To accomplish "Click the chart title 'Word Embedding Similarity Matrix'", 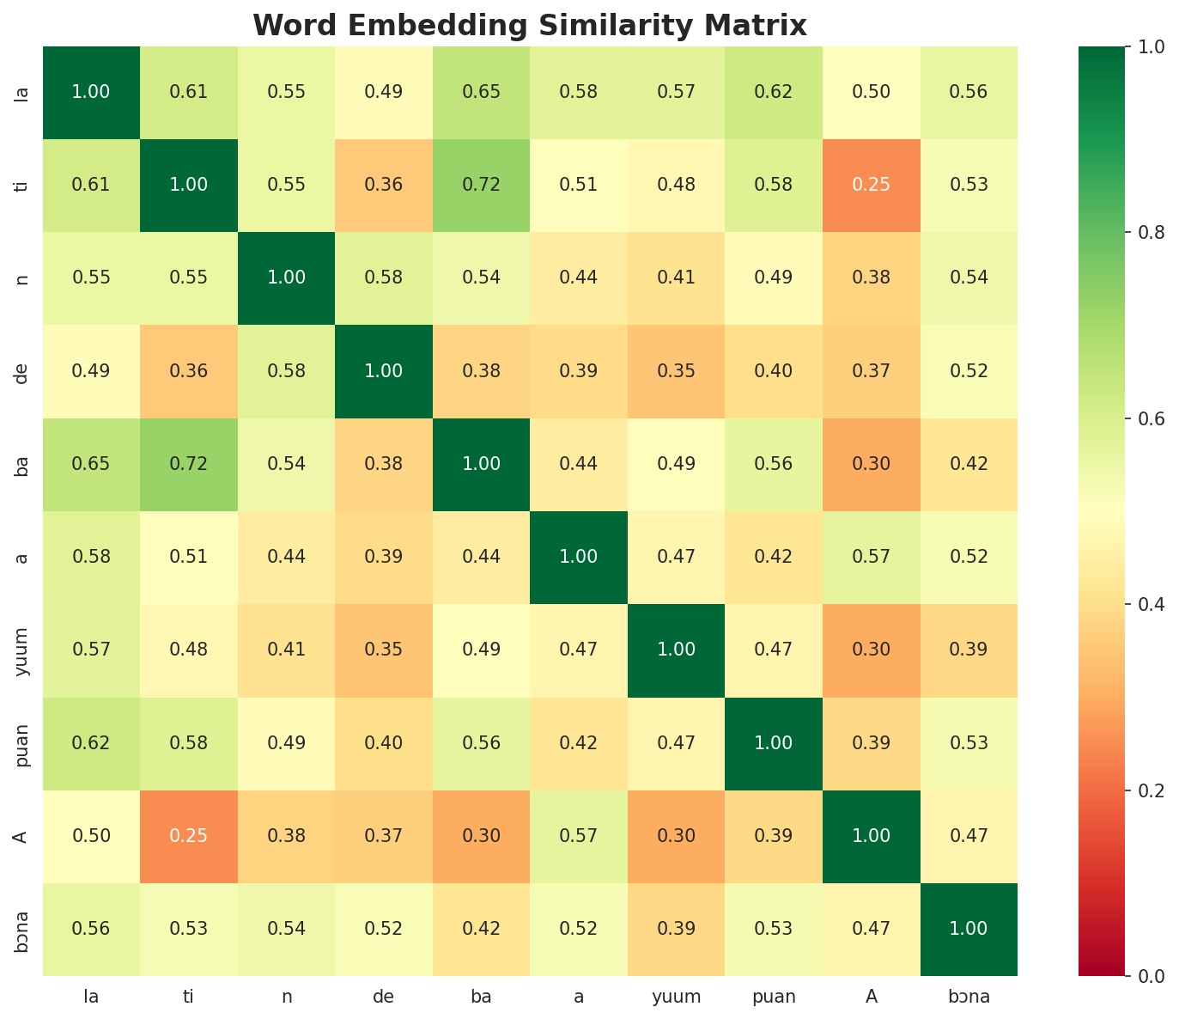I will pyautogui.click(x=530, y=26).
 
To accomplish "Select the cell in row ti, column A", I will pyautogui.click(x=872, y=186).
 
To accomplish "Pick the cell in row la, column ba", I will pyautogui.click(x=482, y=93).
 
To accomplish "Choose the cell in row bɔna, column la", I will pyautogui.click(x=91, y=929).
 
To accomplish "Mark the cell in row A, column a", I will pyautogui.click(x=579, y=836).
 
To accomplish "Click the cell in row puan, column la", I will pyautogui.click(x=91, y=743).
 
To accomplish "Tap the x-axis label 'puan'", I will pyautogui.click(x=774, y=997).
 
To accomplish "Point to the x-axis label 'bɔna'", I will pyautogui.click(x=969, y=997).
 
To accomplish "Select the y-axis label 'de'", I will pyautogui.click(x=22, y=371).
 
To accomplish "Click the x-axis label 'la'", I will pyautogui.click(x=91, y=997).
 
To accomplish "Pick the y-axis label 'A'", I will pyautogui.click(x=22, y=836).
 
